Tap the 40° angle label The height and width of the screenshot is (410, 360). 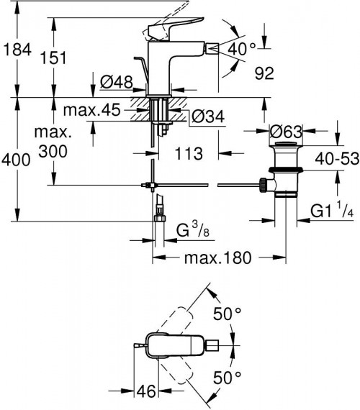coord(243,49)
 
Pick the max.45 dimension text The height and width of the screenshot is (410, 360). coord(90,111)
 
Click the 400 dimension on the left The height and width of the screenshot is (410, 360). coord(16,160)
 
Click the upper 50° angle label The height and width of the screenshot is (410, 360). coord(227,314)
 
